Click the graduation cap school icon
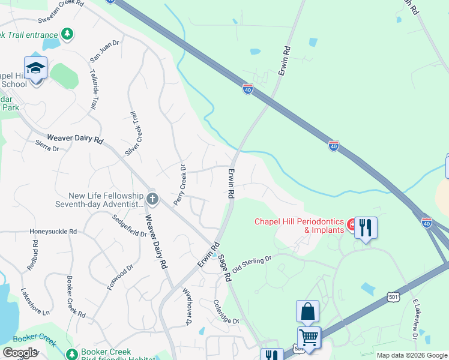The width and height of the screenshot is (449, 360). pyautogui.click(x=36, y=68)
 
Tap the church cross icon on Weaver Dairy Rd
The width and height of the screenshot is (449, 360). pyautogui.click(x=152, y=198)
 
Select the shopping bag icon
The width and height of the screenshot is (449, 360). pyautogui.click(x=307, y=312)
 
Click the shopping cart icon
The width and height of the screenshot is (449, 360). pyautogui.click(x=309, y=338)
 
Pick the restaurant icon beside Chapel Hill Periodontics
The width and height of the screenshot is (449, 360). pyautogui.click(x=366, y=228)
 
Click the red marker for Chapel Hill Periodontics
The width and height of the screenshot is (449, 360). pyautogui.click(x=352, y=224)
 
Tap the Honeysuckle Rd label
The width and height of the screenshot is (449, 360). pyautogui.click(x=53, y=231)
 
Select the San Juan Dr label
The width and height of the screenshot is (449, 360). pyautogui.click(x=104, y=52)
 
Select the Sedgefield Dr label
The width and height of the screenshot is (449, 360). pyautogui.click(x=129, y=226)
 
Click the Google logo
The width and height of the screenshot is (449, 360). pyautogui.click(x=20, y=352)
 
